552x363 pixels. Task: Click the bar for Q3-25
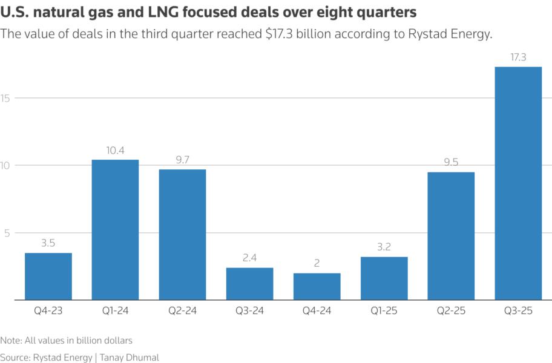click(x=517, y=183)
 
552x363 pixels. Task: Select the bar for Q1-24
click(x=115, y=230)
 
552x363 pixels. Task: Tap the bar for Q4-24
click(x=317, y=287)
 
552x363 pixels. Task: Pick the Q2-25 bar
click(x=450, y=236)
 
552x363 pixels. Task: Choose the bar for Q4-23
click(x=48, y=276)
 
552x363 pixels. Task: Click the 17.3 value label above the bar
click(x=517, y=57)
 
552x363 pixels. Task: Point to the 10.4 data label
click(x=115, y=151)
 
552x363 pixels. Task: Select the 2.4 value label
click(x=249, y=258)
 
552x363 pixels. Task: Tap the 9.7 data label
click(x=182, y=160)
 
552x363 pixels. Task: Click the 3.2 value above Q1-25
click(x=384, y=247)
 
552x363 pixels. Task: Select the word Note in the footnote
click(x=10, y=341)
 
